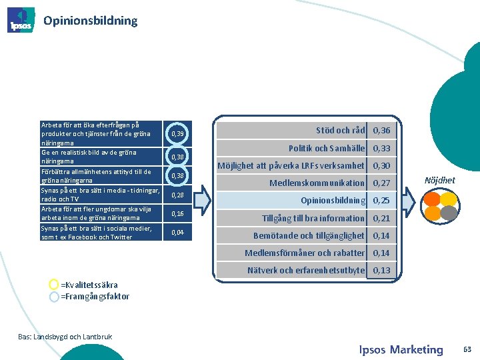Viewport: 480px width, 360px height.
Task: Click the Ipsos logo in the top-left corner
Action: tap(21, 20)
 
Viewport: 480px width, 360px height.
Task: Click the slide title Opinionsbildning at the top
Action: tap(90, 20)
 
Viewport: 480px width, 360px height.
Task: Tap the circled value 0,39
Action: tap(177, 134)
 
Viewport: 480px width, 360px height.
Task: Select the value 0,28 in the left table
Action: tap(177, 195)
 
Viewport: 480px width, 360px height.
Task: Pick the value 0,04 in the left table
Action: tap(177, 232)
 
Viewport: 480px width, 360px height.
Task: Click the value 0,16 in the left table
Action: tap(177, 213)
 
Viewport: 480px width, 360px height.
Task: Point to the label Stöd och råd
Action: tap(340, 130)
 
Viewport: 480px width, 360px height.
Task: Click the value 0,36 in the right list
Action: tap(382, 131)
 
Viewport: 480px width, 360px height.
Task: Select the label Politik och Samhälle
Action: tap(326, 148)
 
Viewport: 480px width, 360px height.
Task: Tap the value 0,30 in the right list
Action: tap(382, 165)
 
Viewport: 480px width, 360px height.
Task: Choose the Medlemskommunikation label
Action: tap(317, 183)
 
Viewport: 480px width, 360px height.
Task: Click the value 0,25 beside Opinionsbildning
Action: tap(382, 200)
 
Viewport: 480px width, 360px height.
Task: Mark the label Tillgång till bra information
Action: tap(313, 218)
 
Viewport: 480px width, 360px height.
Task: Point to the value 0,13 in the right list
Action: tap(382, 270)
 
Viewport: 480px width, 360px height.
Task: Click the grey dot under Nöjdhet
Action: tap(450, 212)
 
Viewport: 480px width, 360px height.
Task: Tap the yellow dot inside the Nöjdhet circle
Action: tap(449, 199)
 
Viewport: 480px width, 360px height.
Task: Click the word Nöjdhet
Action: tap(440, 180)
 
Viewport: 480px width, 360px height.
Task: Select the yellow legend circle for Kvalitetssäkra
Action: tap(54, 285)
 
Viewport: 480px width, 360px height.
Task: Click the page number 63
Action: tap(467, 349)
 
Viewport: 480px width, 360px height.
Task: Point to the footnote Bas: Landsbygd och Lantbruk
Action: tap(65, 337)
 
